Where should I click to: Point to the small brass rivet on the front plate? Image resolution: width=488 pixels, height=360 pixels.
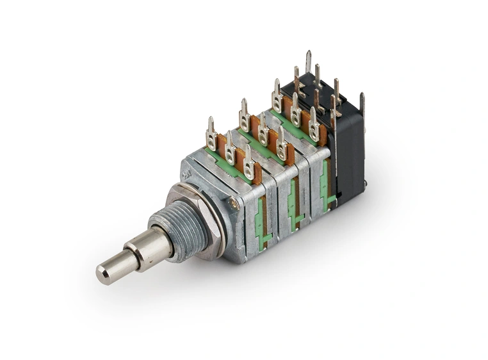point(234,204)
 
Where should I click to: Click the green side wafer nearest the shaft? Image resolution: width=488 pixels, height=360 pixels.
point(260,220)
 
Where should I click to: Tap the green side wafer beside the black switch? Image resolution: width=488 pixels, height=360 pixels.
point(329,186)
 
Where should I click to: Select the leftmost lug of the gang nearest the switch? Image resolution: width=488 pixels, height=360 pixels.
point(277,96)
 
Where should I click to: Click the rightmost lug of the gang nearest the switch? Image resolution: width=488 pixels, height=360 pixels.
point(314,124)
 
